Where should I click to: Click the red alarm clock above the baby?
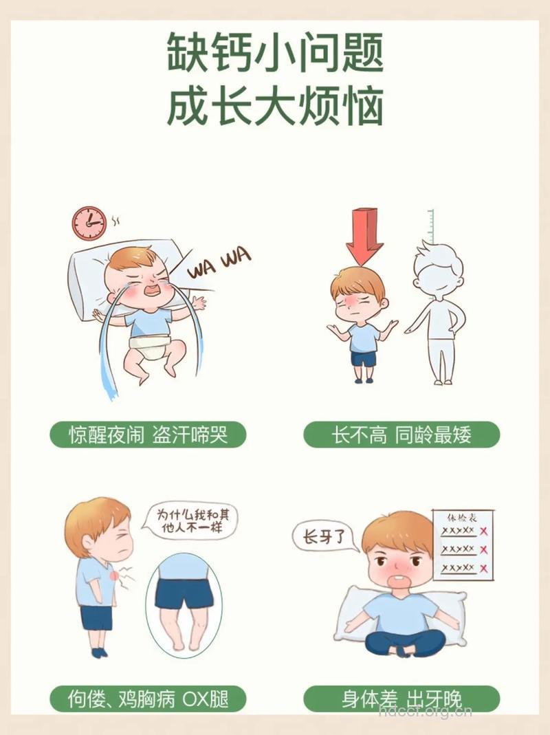pyautogui.click(x=89, y=223)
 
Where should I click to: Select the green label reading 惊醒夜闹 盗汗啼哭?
pyautogui.click(x=148, y=435)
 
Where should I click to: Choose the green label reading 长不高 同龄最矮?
pyautogui.click(x=401, y=435)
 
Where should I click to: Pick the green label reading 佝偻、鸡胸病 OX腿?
pyautogui.click(x=148, y=699)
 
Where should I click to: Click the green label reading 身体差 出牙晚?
pyautogui.click(x=401, y=699)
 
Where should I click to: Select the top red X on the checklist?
pyautogui.click(x=484, y=531)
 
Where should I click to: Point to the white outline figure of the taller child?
pyautogui.click(x=437, y=309)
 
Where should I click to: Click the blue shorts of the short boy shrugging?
pyautogui.click(x=364, y=358)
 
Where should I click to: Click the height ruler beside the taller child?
pyautogui.click(x=431, y=223)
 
